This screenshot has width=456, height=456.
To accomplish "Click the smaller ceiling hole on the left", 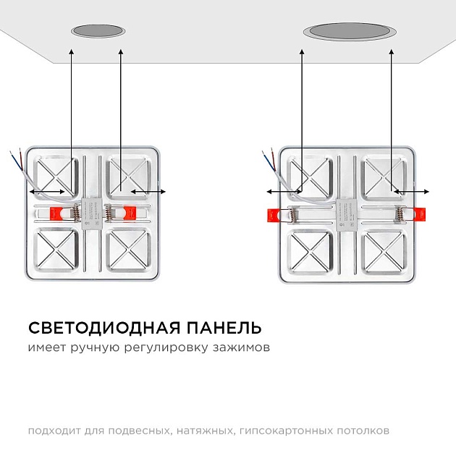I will pos(97,31).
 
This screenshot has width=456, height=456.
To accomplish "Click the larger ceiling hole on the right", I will pos(350,31).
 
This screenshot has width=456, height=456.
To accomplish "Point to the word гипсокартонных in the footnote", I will pos(287,431).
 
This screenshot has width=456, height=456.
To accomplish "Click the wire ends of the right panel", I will pos(266,156).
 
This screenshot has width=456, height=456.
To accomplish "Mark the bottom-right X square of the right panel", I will pos(383,253).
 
